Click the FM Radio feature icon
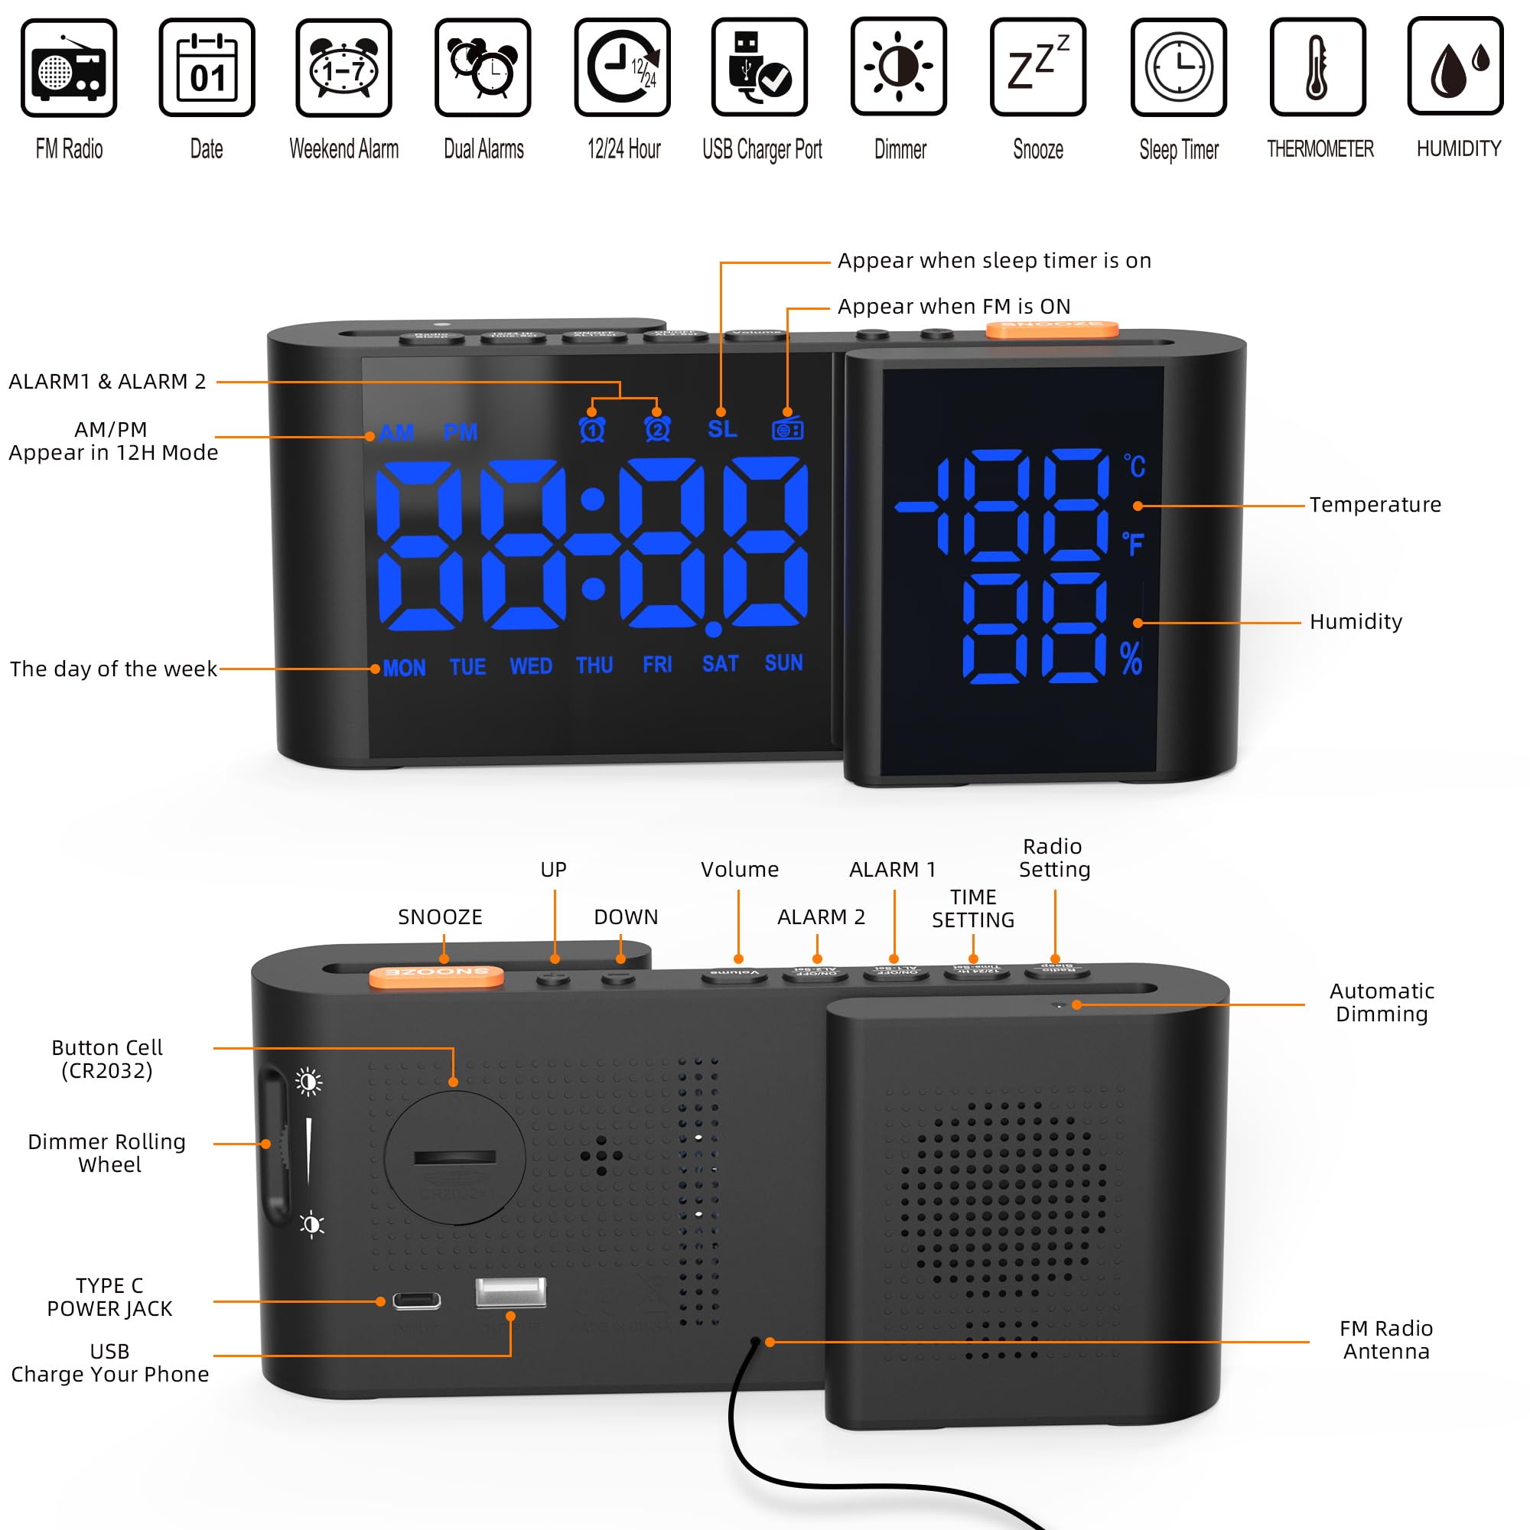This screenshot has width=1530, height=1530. pyautogui.click(x=69, y=68)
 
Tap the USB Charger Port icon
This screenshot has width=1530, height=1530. pyautogui.click(x=759, y=68)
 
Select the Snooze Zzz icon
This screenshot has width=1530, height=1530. pyautogui.click(x=1037, y=68)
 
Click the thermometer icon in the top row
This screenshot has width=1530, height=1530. pyautogui.click(x=1317, y=68)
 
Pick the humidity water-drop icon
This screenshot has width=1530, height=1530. pyautogui.click(x=1455, y=68)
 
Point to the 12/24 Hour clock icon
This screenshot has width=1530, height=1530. pyautogui.click(x=623, y=68)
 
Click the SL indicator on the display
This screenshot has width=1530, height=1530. pyautogui.click(x=722, y=429)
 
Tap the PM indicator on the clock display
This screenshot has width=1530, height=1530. pyautogui.click(x=460, y=432)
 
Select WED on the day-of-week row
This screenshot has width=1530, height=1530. pyautogui.click(x=531, y=666)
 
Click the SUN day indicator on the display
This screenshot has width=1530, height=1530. pyautogui.click(x=783, y=662)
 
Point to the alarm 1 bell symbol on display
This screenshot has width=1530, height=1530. pyautogui.click(x=592, y=429)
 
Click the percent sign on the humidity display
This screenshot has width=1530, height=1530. pyautogui.click(x=1131, y=658)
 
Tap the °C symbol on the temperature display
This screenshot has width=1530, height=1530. pyautogui.click(x=1134, y=466)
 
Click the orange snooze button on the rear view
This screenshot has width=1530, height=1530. pyautogui.click(x=436, y=975)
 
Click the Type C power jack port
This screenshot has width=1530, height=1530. pyautogui.click(x=417, y=1301)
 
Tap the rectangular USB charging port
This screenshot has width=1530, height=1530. pyautogui.click(x=510, y=1292)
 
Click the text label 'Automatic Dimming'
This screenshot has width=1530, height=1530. pyautogui.click(x=1381, y=1002)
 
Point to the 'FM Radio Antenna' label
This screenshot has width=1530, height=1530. pyautogui.click(x=1386, y=1340)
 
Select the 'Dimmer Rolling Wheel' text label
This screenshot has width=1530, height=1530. pyautogui.click(x=108, y=1152)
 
